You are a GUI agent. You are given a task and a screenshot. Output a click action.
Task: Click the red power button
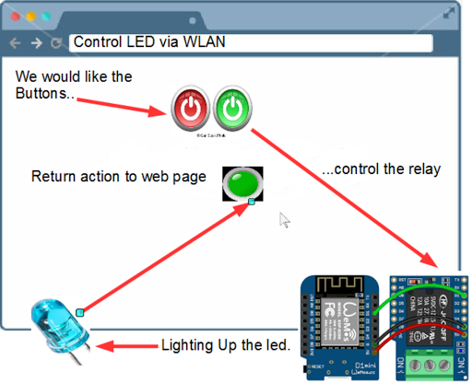tap(190, 110)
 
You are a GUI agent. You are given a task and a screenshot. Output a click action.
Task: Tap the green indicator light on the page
tap(242, 182)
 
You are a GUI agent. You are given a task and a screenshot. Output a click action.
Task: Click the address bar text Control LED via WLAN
tap(149, 42)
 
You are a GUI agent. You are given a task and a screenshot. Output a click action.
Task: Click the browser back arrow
tap(15, 43)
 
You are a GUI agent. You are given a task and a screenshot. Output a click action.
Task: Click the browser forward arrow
tap(36, 43)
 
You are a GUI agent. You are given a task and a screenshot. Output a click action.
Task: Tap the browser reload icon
tap(56, 43)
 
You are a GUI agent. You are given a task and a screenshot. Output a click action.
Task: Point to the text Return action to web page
tap(118, 177)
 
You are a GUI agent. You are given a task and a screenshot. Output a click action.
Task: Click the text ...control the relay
tap(381, 169)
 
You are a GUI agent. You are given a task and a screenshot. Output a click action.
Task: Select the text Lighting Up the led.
tap(226, 346)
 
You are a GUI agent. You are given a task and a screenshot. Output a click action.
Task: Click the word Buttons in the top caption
tap(43, 93)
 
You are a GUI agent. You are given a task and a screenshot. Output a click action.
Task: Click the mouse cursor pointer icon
tap(285, 220)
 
